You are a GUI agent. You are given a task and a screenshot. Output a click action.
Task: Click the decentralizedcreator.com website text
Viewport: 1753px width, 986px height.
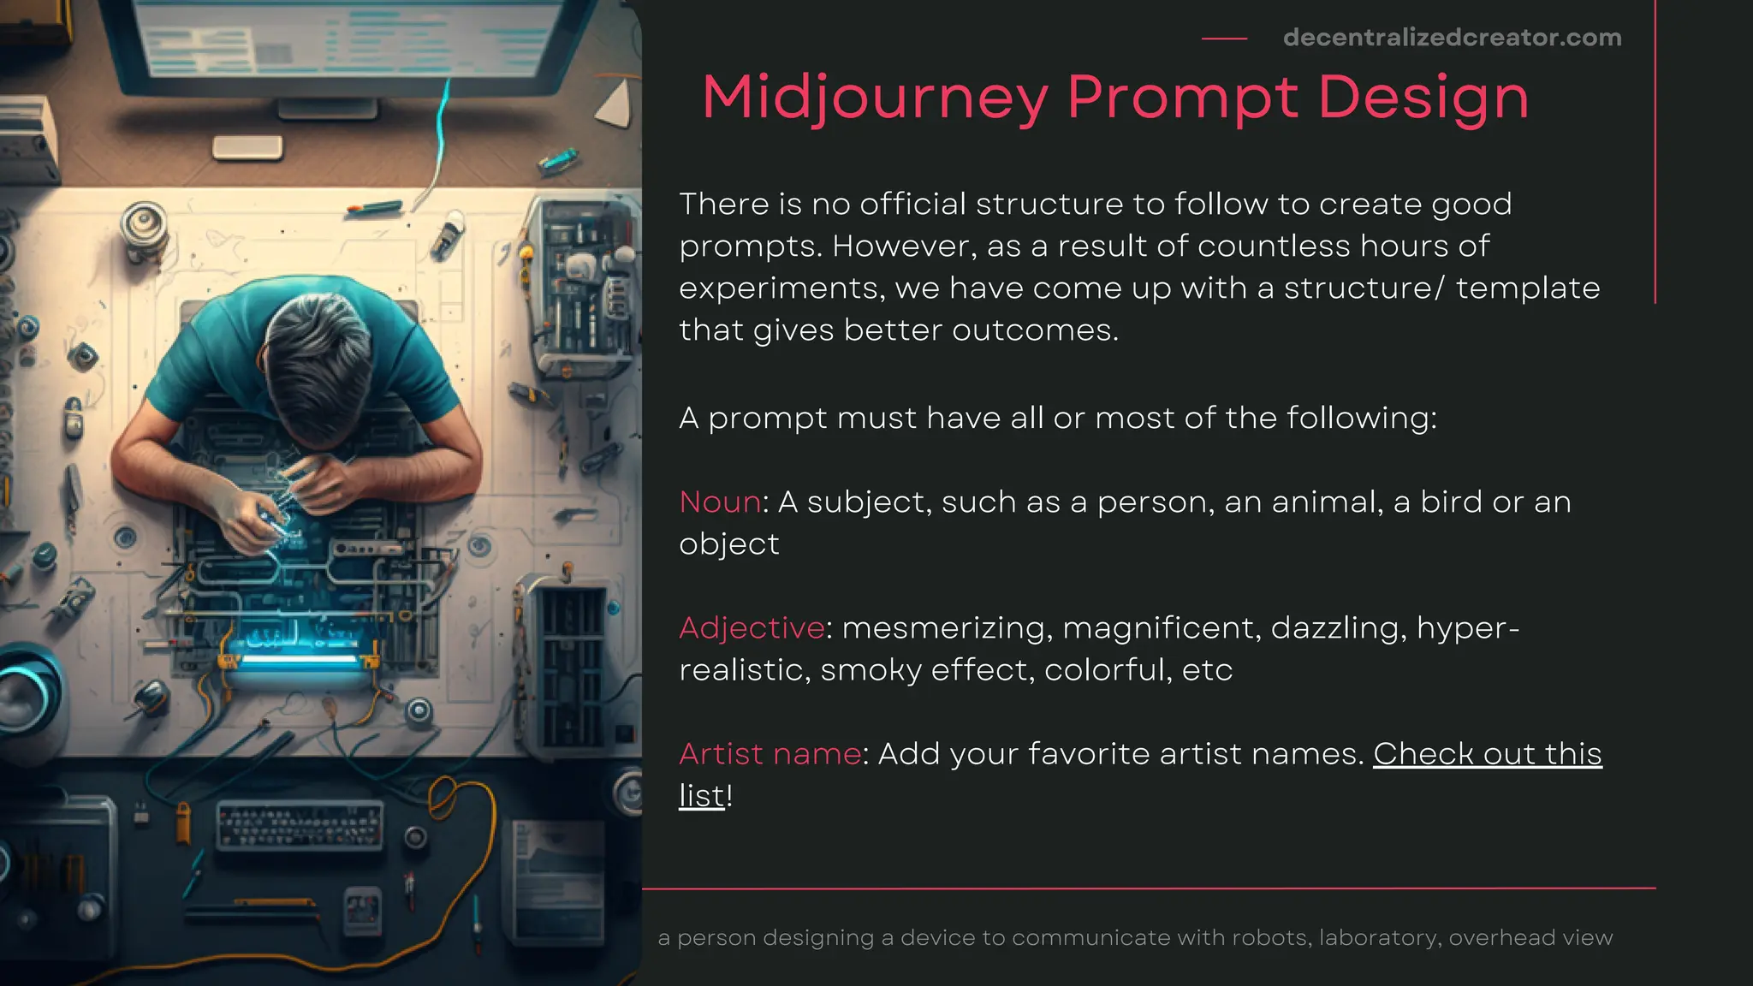(x=1452, y=38)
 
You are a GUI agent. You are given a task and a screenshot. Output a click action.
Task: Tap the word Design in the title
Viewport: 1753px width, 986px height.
(x=1423, y=98)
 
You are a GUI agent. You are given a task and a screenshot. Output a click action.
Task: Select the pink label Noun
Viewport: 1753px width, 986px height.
(x=720, y=502)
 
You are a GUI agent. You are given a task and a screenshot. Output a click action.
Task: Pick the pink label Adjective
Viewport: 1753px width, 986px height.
(x=752, y=628)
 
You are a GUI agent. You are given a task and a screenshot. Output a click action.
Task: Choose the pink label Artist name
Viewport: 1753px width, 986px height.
(x=770, y=754)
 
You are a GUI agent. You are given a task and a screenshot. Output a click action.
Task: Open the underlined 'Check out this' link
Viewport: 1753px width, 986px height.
(x=1487, y=754)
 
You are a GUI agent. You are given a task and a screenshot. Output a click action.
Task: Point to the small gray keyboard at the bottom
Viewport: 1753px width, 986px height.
(x=299, y=824)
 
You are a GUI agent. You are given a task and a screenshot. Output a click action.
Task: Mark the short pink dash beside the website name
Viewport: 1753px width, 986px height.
(x=1224, y=39)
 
